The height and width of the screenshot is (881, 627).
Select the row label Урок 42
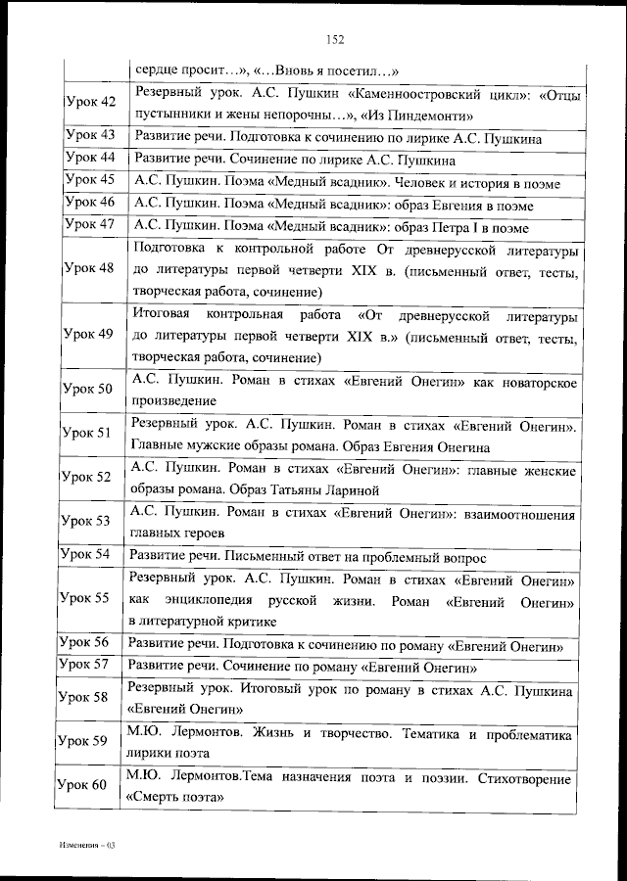coord(89,103)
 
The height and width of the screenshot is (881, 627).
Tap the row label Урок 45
coord(89,180)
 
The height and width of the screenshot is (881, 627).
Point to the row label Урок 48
coord(89,268)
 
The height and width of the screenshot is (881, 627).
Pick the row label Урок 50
coord(89,389)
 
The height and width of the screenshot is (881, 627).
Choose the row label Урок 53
coord(89,522)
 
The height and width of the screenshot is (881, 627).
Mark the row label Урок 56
coord(89,642)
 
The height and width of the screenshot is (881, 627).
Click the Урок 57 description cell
coord(304,668)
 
